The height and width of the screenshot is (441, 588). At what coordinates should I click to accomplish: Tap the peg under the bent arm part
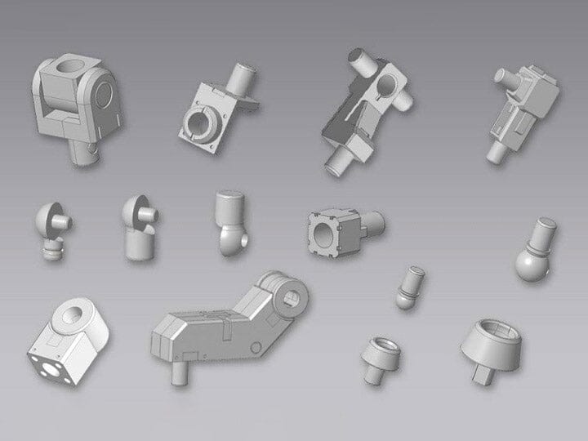178,369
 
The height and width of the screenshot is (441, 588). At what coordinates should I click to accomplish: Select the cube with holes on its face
71,338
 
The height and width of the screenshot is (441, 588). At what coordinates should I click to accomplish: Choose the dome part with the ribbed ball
54,225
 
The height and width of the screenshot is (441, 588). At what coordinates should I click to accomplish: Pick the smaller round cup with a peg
378,355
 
